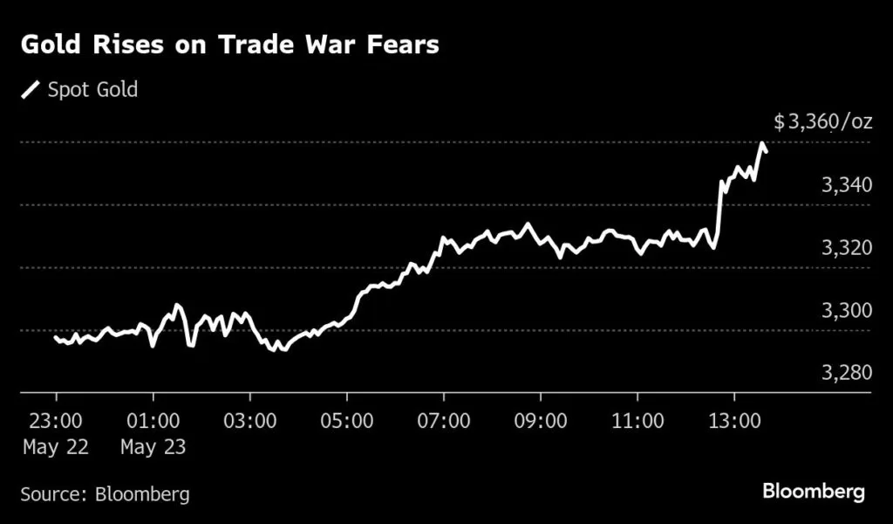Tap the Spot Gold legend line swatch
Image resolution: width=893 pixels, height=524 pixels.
(x=31, y=90)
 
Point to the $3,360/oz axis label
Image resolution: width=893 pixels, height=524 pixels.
(x=822, y=122)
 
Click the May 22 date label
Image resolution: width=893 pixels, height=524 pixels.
(x=56, y=447)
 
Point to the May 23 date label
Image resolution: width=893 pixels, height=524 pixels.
(x=153, y=447)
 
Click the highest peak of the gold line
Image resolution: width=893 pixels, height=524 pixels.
(x=762, y=143)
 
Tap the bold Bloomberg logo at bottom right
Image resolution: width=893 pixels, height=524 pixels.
(x=814, y=492)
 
